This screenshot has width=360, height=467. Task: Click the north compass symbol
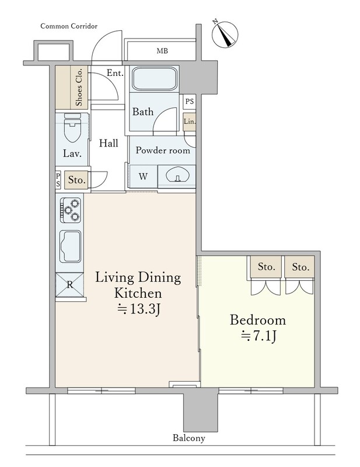click(x=225, y=34)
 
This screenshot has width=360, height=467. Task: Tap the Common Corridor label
click(x=69, y=26)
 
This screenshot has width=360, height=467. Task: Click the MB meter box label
click(x=162, y=51)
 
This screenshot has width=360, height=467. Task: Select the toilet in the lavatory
click(x=72, y=128)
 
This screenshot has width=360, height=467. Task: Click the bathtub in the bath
click(x=155, y=79)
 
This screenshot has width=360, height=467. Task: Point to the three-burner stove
click(x=70, y=210)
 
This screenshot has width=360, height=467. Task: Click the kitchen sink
click(x=70, y=246)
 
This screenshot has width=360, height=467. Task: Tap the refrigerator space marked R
click(x=69, y=285)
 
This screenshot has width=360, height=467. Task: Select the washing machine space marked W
click(x=143, y=176)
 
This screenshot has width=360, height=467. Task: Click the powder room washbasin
click(x=177, y=176)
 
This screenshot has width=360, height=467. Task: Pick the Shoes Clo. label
click(x=79, y=87)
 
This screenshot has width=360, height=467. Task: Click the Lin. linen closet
click(x=190, y=122)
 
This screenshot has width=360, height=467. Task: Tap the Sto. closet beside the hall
click(x=76, y=180)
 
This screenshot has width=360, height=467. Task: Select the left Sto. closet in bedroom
click(x=266, y=267)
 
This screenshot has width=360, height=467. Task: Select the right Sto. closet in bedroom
click(x=299, y=267)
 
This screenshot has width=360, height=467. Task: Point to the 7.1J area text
click(x=258, y=336)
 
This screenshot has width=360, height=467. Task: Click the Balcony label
click(x=189, y=438)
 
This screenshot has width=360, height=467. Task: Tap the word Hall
click(x=109, y=143)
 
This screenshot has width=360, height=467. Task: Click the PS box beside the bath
click(x=190, y=102)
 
